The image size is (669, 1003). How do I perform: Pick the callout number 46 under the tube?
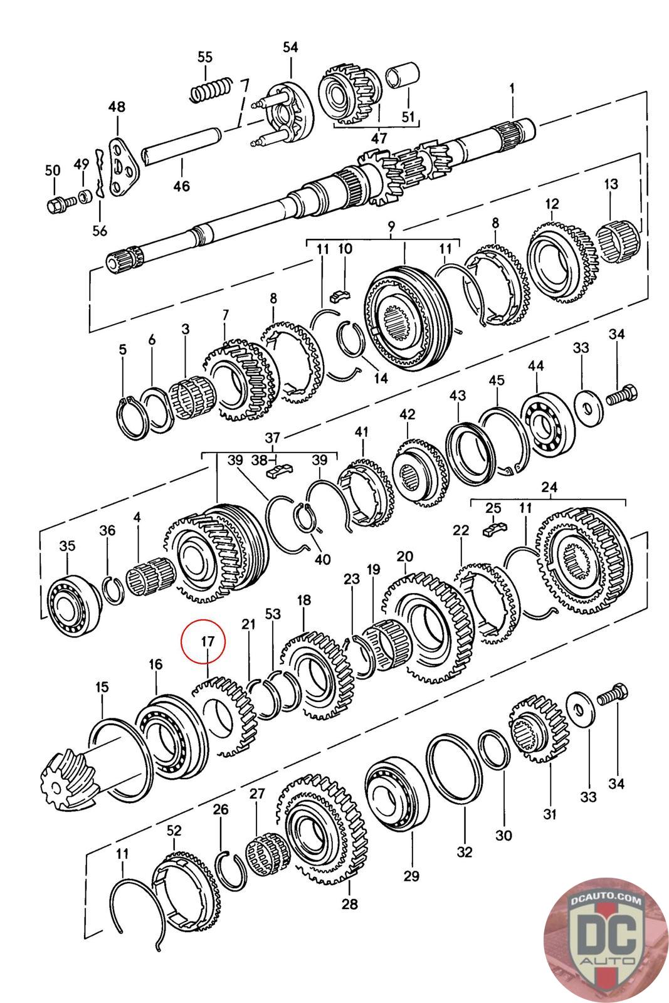coord(181,186)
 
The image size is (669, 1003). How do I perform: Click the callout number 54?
coord(290,48)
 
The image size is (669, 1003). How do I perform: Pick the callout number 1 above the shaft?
coord(512,89)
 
